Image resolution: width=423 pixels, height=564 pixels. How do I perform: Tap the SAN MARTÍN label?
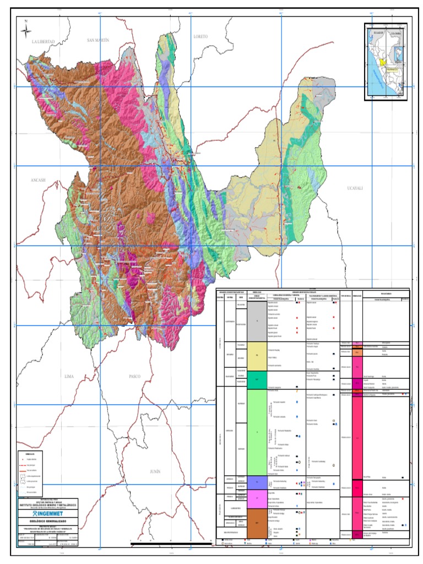click(99, 40)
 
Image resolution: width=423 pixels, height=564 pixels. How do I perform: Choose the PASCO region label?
click(135, 376)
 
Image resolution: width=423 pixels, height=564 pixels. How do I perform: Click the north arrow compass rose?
click(26, 30)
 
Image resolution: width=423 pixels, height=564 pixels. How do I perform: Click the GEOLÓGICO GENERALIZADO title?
click(48, 520)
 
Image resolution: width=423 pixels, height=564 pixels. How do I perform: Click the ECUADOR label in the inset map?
click(377, 32)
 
